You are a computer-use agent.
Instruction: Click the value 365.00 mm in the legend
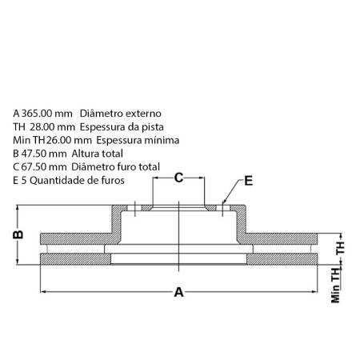pyautogui.click(x=46, y=114)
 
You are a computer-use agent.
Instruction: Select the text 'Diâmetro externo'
pyautogui.click(x=121, y=114)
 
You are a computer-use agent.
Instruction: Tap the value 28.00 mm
pyautogui.click(x=52, y=127)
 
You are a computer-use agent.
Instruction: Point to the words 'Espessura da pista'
pyautogui.click(x=122, y=127)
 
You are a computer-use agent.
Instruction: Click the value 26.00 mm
pyautogui.click(x=69, y=140)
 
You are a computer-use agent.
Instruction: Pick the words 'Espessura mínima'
pyautogui.click(x=138, y=140)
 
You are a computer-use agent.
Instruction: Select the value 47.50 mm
pyautogui.click(x=44, y=154)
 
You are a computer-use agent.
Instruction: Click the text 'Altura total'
pyautogui.click(x=97, y=154)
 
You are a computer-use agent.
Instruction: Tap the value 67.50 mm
pyautogui.click(x=44, y=167)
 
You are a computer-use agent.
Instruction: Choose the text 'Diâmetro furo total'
pyautogui.click(x=115, y=167)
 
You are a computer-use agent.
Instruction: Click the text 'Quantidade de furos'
pyautogui.click(x=77, y=181)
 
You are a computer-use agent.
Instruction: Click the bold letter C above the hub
pyautogui.click(x=179, y=178)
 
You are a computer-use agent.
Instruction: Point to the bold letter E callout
pyautogui.click(x=249, y=181)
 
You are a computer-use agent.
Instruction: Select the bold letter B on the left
pyautogui.click(x=18, y=234)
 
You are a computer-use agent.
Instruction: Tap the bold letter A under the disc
pyautogui.click(x=179, y=292)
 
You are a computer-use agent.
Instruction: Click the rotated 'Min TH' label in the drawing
pyautogui.click(x=336, y=286)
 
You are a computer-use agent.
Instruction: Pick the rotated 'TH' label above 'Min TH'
pyautogui.click(x=341, y=248)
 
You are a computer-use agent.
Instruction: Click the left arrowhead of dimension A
pyautogui.click(x=43, y=292)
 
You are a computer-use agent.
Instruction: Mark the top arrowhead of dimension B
pyautogui.click(x=18, y=208)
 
